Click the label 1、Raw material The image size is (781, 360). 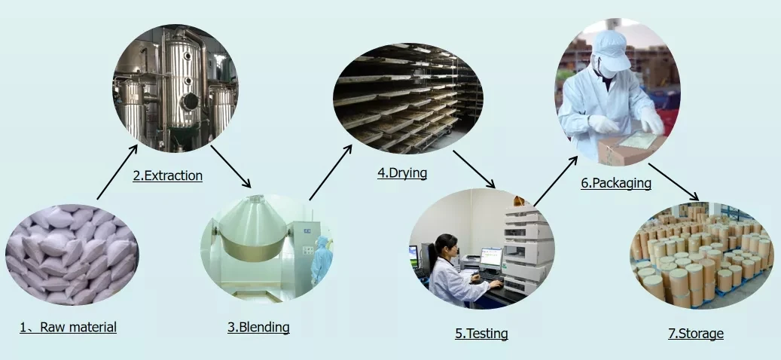68,327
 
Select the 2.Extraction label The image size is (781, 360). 168,175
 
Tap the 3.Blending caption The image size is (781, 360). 258,327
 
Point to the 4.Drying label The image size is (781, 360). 402,172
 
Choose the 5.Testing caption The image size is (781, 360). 481,333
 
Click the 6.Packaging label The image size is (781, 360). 616,182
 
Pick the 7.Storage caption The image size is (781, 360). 696,333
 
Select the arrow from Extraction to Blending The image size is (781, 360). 230,166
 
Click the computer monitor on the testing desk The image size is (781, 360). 491,258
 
